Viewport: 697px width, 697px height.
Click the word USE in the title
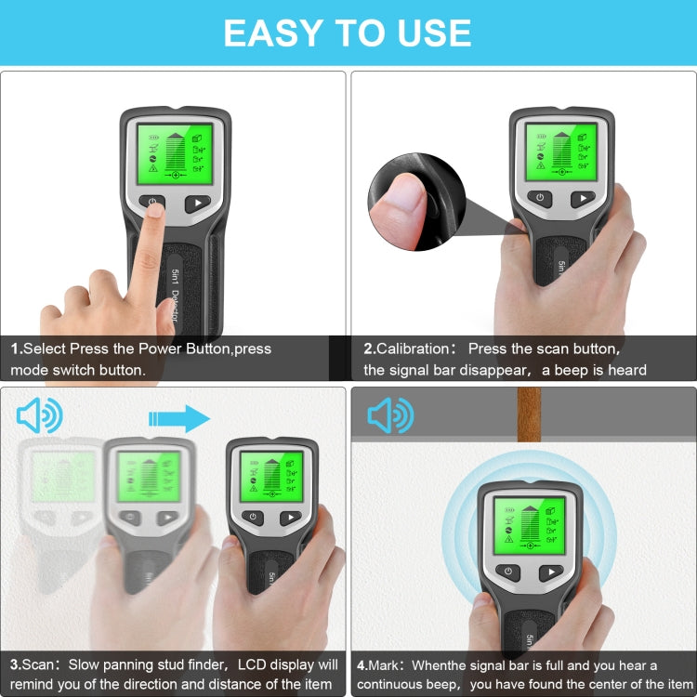428,33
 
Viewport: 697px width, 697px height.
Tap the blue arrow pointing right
179,418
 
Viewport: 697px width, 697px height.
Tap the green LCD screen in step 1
175,151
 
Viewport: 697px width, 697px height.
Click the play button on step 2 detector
582,198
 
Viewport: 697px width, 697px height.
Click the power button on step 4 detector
506,572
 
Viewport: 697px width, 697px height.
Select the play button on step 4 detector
551,572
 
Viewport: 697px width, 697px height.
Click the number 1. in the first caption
16,348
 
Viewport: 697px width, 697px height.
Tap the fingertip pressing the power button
153,212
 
